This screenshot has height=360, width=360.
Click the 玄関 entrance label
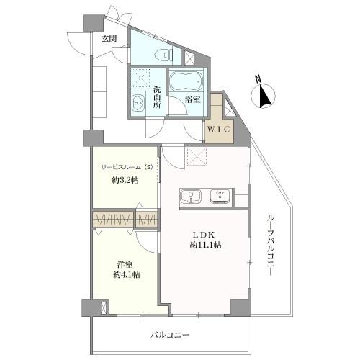click(109, 39)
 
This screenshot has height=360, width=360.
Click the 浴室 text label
click(192, 100)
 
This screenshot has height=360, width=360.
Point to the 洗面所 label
click(156, 98)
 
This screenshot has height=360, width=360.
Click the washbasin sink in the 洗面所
click(139, 104)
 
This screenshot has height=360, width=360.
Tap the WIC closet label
click(219, 129)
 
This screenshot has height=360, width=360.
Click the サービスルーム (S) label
click(126, 168)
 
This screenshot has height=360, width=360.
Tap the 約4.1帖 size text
click(125, 276)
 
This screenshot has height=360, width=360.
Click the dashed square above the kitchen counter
click(196, 156)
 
